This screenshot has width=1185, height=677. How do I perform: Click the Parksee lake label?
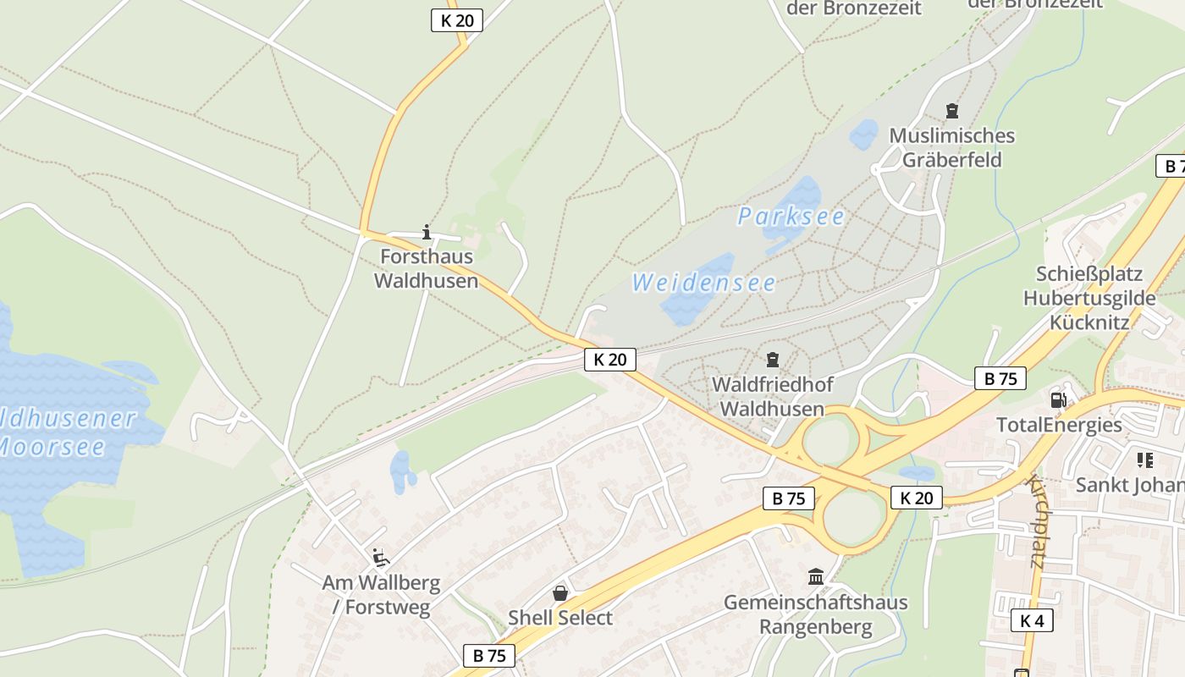point(791,217)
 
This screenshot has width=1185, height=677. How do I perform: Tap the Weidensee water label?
point(703,283)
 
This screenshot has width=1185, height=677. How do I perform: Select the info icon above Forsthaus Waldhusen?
point(427,232)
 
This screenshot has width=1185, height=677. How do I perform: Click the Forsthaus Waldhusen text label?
point(427,268)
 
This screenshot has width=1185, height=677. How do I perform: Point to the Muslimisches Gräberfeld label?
point(951,148)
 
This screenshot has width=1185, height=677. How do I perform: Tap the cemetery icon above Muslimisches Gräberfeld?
point(952,111)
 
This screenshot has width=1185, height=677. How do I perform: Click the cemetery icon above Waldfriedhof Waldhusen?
point(772,361)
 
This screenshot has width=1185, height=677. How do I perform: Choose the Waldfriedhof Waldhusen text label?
point(772,397)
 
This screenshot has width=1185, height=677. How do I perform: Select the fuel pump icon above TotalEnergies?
point(1058,400)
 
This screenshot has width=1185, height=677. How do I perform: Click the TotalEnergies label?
point(1059,425)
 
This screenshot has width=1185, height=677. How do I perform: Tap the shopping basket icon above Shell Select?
point(559,593)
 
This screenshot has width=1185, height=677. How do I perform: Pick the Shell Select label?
point(559,618)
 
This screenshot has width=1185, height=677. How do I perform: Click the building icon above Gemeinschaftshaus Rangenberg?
point(816,577)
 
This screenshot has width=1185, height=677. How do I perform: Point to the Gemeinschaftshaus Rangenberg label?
point(816,614)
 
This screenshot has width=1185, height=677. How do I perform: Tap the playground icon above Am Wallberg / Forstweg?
point(381,557)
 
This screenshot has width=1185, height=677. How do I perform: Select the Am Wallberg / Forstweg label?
point(381,595)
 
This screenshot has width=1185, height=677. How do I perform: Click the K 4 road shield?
point(1032,620)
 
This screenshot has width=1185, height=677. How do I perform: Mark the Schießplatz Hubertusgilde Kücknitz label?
point(1089,298)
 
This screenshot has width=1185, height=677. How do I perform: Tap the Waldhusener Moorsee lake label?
point(63,432)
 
